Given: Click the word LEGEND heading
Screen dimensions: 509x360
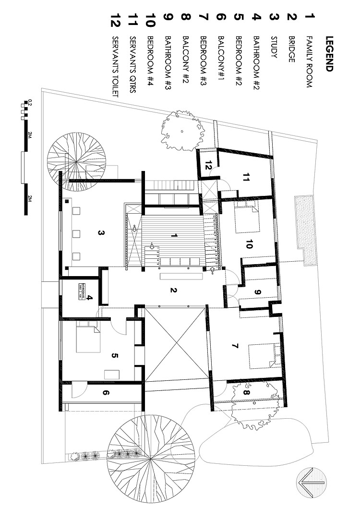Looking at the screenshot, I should pyautogui.click(x=329, y=53).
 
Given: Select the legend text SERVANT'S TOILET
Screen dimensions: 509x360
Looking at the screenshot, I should pyautogui.click(x=115, y=67).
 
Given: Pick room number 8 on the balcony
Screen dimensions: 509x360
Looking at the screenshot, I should pyautogui.click(x=245, y=393).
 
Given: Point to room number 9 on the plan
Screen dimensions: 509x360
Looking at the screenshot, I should pyautogui.click(x=257, y=291).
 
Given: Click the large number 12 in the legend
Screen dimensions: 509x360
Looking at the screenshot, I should pyautogui.click(x=115, y=22).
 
